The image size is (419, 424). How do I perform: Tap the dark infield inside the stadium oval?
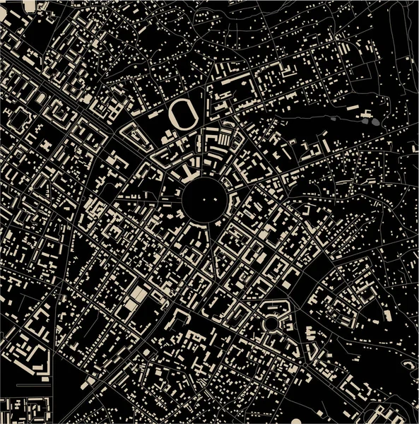(183, 114)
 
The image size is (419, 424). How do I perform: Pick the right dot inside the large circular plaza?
(210, 200)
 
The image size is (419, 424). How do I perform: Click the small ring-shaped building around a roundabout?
(271, 323)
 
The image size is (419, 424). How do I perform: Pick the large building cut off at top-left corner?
(30, 6)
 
